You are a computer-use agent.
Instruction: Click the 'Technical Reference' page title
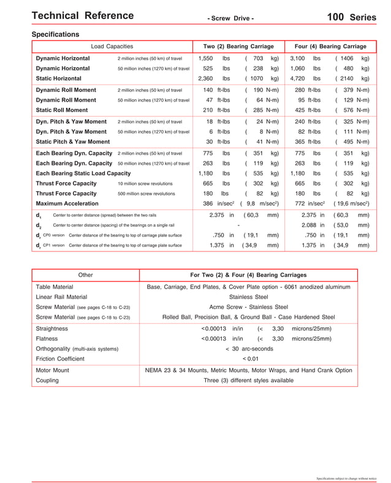point(82,16)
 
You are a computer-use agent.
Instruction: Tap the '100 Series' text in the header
point(351,17)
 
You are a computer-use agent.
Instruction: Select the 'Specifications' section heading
point(55,34)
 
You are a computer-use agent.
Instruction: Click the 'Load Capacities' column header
point(112,47)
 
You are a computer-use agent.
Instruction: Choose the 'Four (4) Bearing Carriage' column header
point(330,47)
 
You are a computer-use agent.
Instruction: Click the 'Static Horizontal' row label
point(58,78)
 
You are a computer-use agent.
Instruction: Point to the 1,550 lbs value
point(214,58)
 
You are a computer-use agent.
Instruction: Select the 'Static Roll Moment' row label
point(61,110)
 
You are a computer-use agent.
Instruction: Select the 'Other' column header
point(85,275)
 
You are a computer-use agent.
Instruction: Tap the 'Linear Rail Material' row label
point(61,297)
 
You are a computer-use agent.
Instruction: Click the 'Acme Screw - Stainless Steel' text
point(248,306)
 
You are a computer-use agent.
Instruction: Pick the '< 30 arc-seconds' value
point(249,349)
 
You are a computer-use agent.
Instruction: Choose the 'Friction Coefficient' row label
point(60,359)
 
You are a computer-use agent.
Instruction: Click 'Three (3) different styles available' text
point(248,380)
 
